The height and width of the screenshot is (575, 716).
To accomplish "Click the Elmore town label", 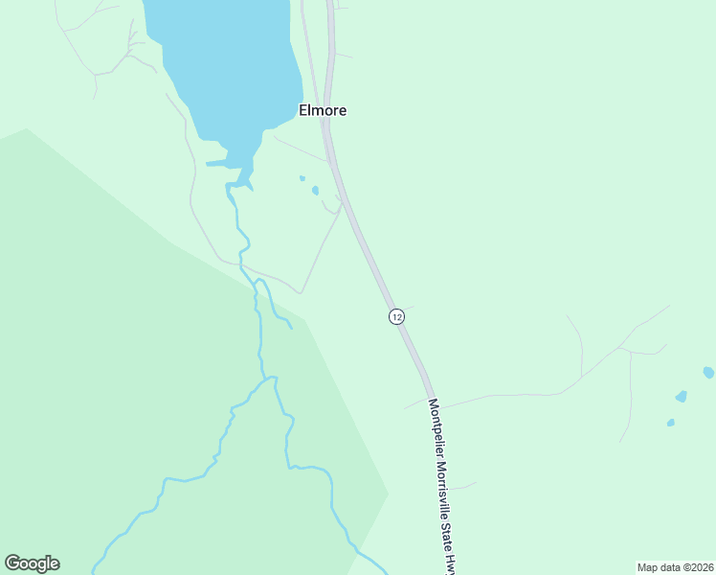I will pos(323,110).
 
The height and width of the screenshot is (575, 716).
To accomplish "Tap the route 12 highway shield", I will pos(396,316).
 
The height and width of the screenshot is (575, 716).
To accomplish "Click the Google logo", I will pos(32,563).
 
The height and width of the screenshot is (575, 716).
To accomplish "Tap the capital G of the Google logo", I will pos(12,563).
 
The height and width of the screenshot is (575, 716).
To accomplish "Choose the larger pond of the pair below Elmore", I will pos(315,190).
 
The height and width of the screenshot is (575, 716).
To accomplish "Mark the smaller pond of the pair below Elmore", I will pos(302,178).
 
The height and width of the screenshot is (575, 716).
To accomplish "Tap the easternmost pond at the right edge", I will pos(708,372).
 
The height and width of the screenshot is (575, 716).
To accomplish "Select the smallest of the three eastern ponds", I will pos(670,423).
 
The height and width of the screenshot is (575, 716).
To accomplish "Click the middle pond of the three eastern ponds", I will pos(681,396).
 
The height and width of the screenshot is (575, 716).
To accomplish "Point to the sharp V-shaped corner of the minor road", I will pos(302,292).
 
